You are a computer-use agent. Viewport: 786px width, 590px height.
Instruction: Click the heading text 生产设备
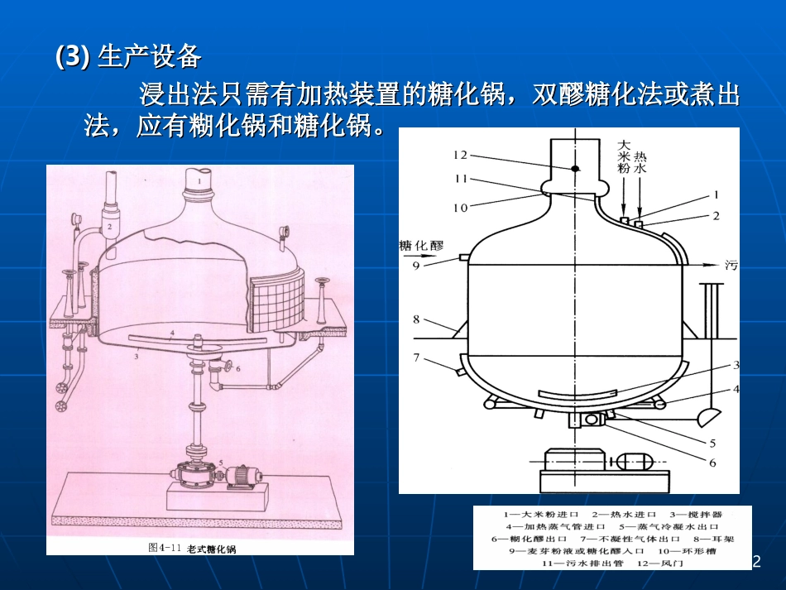(x=149, y=56)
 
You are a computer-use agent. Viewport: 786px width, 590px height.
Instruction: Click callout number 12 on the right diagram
(x=461, y=154)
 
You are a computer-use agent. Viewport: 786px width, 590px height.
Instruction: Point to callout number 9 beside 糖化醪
(x=416, y=266)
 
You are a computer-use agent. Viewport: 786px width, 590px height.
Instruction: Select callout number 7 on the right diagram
(x=418, y=357)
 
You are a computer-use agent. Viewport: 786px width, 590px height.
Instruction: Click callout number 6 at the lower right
(x=712, y=463)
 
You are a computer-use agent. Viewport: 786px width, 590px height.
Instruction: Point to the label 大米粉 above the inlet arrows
(x=625, y=156)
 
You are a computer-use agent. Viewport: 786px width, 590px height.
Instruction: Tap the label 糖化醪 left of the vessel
(x=422, y=246)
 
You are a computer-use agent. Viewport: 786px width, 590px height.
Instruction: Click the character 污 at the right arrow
(x=731, y=266)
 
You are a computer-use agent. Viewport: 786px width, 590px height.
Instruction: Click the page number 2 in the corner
(x=755, y=562)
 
